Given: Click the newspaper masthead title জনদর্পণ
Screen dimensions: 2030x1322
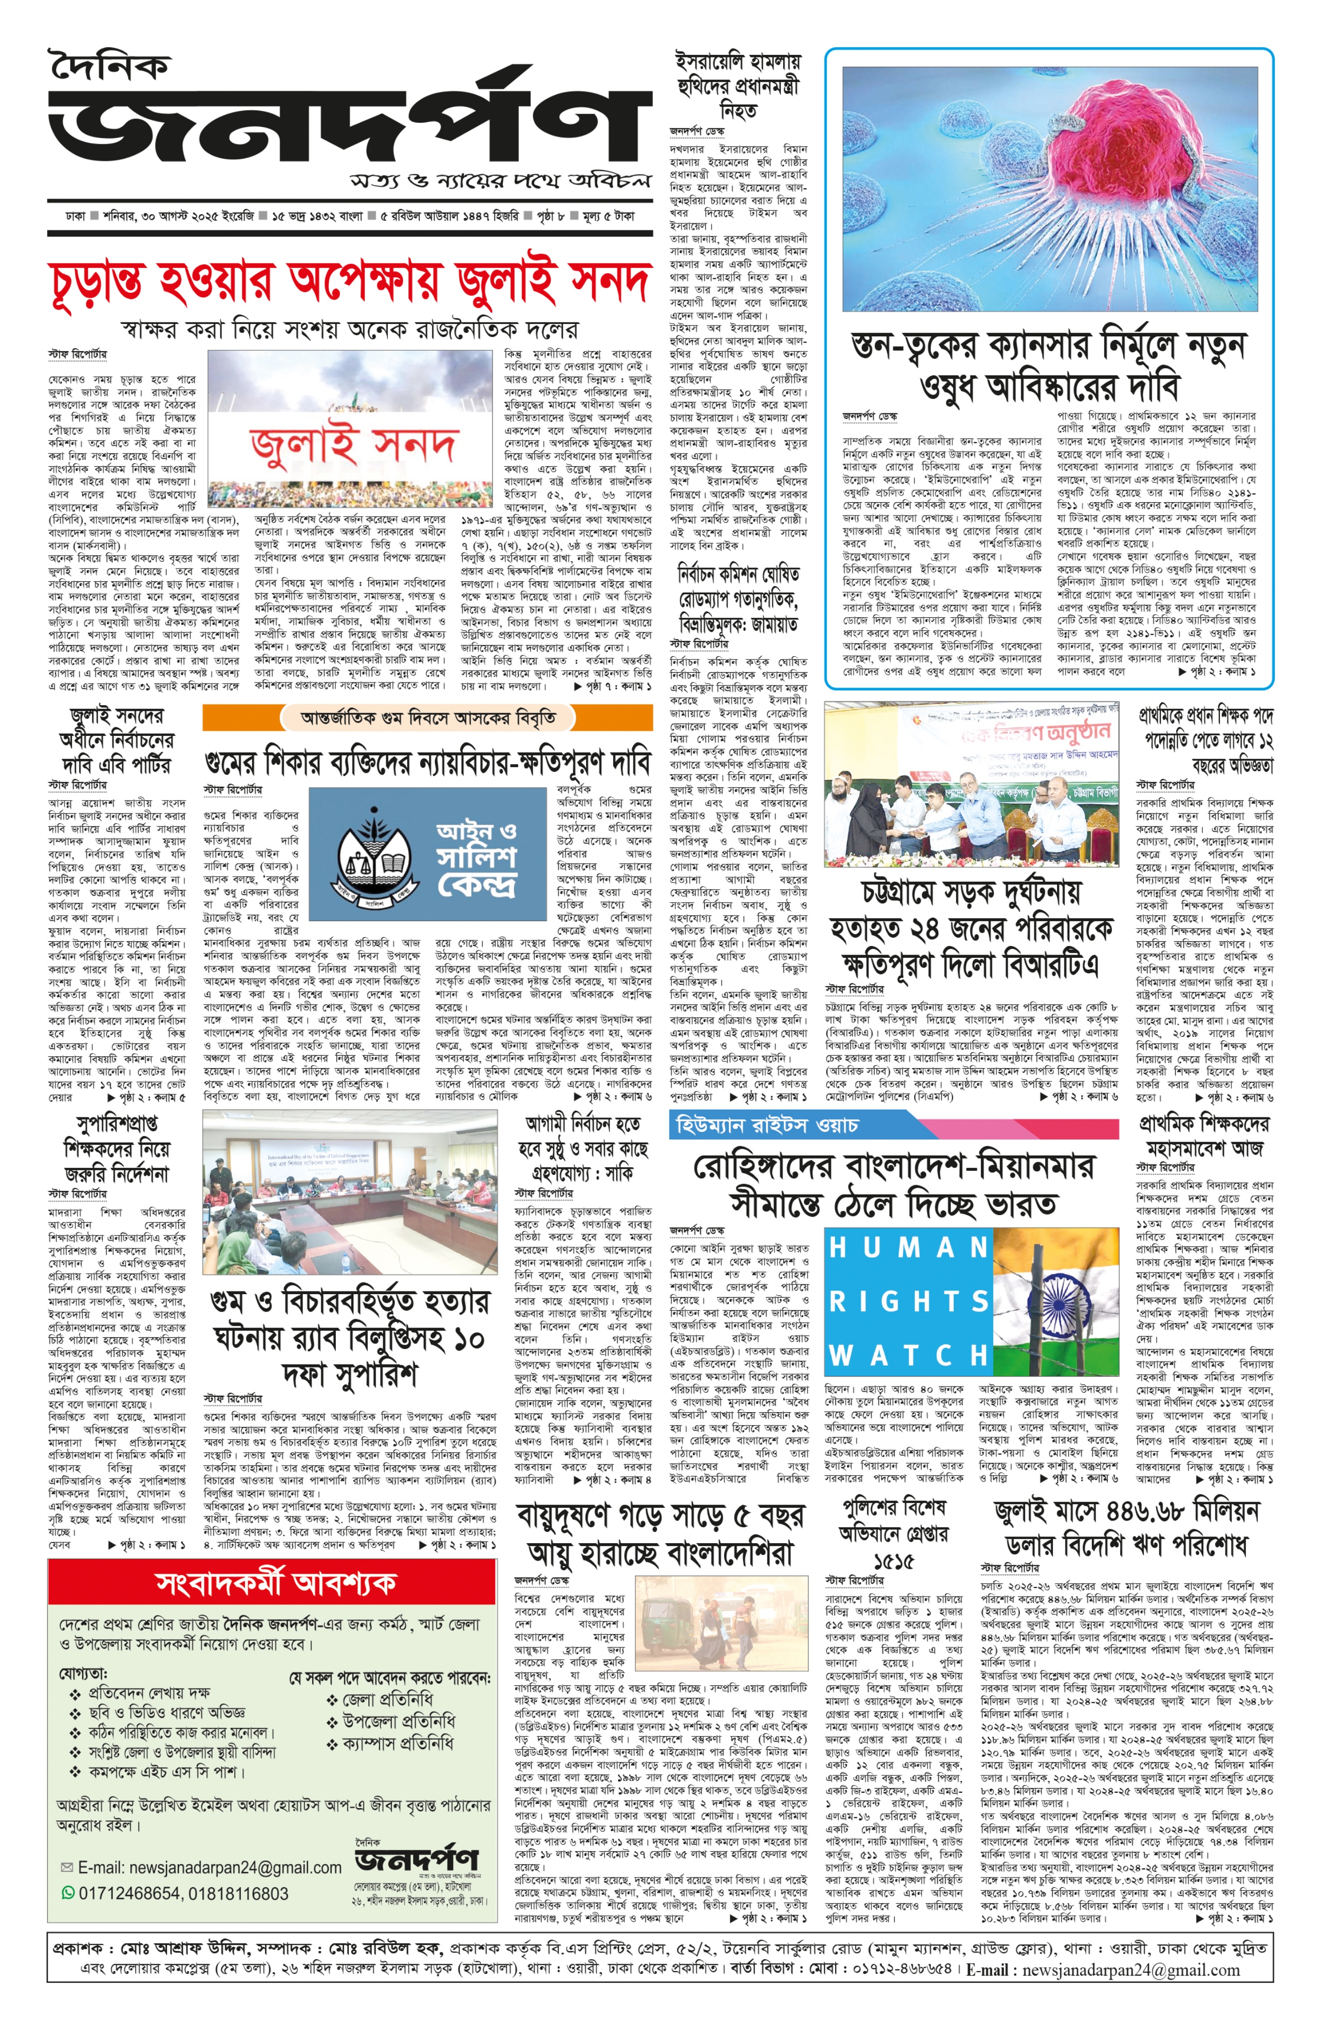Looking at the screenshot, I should click(341, 128).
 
